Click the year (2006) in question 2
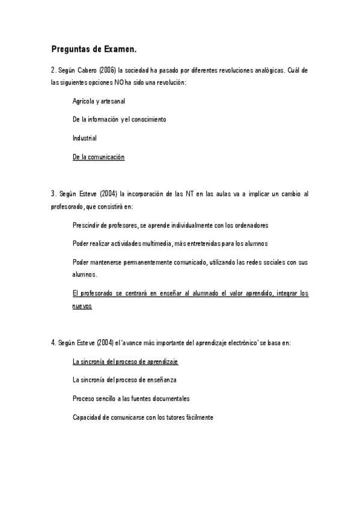tap(103, 70)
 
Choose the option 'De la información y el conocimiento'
tap(119, 119)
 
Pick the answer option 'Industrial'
tap(84, 138)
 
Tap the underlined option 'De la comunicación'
tap(98, 157)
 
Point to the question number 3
tap(53, 194)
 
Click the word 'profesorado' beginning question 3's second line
tap(67, 206)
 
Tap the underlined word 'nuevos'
tap(82, 306)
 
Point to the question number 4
tap(53, 342)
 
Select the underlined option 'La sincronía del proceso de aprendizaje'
tap(125, 361)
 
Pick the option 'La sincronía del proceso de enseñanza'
tap(124, 380)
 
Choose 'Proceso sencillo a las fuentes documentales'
tap(130, 398)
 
